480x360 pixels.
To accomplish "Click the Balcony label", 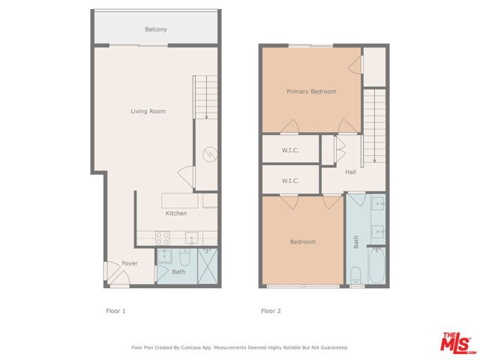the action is click(x=156, y=29).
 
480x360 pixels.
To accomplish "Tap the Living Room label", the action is click(x=148, y=112).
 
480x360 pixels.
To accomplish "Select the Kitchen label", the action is click(x=176, y=213).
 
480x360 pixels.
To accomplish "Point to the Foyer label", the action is click(x=130, y=263).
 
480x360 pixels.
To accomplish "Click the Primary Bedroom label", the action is click(x=311, y=91).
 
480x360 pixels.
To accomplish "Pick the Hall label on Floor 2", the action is click(x=350, y=172).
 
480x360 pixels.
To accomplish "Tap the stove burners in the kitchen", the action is click(x=163, y=238).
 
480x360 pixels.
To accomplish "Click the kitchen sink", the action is click(x=191, y=238).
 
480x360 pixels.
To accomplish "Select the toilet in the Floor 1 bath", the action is click(x=185, y=257).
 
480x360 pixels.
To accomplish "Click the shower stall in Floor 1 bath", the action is click(x=208, y=266).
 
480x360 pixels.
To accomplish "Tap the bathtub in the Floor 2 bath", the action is click(x=376, y=265).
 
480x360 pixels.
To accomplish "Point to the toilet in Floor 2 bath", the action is click(x=355, y=275).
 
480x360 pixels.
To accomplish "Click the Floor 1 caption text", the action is click(x=115, y=311).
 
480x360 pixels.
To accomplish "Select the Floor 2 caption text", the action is click(x=271, y=311).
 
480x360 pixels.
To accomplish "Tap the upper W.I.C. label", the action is click(x=290, y=150).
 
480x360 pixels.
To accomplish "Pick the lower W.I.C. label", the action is click(x=290, y=181).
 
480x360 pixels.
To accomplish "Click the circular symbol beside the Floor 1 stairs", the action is click(x=210, y=154).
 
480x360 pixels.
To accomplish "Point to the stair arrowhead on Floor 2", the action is click(x=374, y=160).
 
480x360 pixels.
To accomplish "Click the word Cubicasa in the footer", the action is click(x=191, y=348).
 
